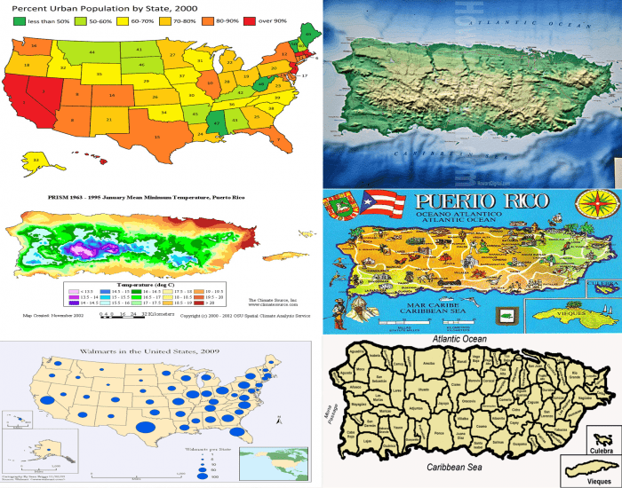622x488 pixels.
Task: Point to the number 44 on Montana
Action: (92, 52)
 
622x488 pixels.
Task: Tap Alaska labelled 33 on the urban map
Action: (36, 160)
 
